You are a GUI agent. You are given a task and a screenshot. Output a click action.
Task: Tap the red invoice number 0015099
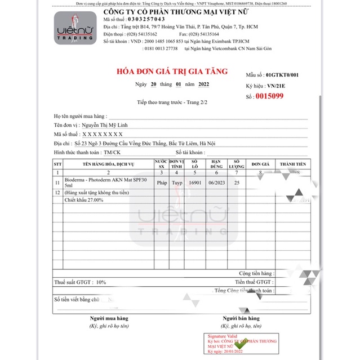(269, 96)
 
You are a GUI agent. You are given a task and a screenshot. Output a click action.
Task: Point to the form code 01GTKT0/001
(282, 75)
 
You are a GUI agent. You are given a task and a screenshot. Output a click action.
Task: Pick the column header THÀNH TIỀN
(293, 163)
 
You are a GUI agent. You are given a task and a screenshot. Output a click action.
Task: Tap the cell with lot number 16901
(195, 183)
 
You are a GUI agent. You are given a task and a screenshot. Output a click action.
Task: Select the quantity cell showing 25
(237, 183)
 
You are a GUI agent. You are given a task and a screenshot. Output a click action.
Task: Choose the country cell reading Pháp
(162, 183)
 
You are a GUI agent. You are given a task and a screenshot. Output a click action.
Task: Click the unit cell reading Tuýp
(177, 183)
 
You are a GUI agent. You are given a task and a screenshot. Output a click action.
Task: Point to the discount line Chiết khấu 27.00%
(84, 200)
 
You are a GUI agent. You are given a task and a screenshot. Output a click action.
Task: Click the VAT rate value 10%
(101, 282)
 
